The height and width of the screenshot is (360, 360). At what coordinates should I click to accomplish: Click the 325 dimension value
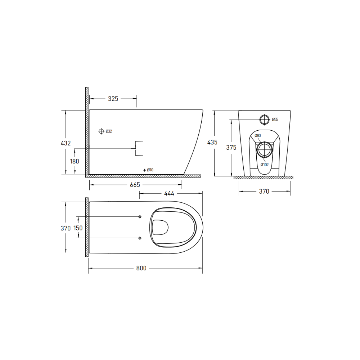click(113, 98)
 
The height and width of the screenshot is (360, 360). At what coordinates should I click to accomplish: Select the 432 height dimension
click(66, 143)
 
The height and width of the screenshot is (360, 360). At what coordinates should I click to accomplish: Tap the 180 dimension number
click(75, 161)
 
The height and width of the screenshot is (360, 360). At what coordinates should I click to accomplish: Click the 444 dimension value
click(169, 194)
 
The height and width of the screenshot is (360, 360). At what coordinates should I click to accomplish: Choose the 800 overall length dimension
click(141, 268)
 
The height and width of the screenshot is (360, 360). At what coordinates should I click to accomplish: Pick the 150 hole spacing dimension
click(78, 228)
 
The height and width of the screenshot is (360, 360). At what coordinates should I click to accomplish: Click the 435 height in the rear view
click(212, 142)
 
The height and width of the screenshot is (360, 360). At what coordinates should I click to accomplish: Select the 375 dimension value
click(231, 147)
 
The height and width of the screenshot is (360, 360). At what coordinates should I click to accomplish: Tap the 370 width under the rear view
click(264, 191)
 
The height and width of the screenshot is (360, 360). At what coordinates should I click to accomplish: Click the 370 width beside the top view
click(66, 228)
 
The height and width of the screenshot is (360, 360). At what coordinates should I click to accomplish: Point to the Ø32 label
click(109, 131)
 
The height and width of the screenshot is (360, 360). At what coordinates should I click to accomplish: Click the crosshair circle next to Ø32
click(101, 131)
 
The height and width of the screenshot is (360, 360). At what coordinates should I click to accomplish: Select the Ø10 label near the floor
click(150, 170)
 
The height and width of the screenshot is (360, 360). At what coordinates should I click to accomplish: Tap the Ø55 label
click(275, 119)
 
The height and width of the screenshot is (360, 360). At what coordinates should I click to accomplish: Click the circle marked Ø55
click(264, 119)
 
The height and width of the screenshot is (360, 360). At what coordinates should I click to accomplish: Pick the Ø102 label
click(265, 165)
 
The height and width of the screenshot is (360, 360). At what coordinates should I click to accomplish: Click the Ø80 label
click(257, 136)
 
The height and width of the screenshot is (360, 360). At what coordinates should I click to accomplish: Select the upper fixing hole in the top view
click(140, 216)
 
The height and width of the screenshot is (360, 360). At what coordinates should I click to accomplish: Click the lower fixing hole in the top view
click(140, 238)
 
